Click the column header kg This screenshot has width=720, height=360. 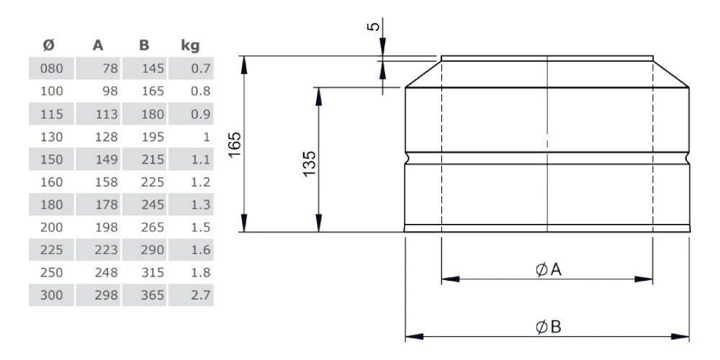190,46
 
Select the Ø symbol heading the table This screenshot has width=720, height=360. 49,45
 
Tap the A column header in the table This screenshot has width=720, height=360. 98,45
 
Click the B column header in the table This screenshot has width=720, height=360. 144,45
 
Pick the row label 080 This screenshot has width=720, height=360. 51,68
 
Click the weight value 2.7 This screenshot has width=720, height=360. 201,294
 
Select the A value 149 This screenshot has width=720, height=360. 107,159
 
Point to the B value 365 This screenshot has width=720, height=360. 153,294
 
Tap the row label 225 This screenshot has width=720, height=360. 51,250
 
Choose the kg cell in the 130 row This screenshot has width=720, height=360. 206,137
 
